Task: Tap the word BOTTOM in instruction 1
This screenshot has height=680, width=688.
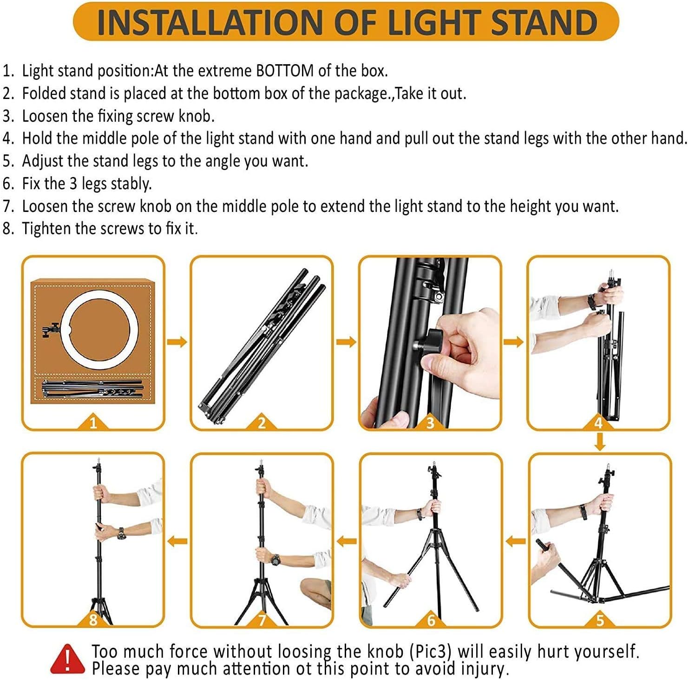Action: pos(285,71)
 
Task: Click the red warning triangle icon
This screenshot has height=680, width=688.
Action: pos(68,659)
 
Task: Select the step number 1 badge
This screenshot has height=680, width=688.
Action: pos(93,423)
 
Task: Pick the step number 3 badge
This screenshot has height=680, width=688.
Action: pos(430,423)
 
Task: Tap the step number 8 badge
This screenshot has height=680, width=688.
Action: pos(93,620)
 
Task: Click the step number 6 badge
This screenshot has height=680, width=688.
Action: pos(431,620)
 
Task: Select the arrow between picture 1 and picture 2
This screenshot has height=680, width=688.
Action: pos(177,342)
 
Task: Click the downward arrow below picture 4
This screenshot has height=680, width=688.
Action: pos(600,442)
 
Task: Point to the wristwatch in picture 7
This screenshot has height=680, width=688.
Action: pos(275,559)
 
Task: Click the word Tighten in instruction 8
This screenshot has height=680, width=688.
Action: pos(46,229)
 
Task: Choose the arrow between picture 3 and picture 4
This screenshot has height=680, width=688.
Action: pos(513,342)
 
